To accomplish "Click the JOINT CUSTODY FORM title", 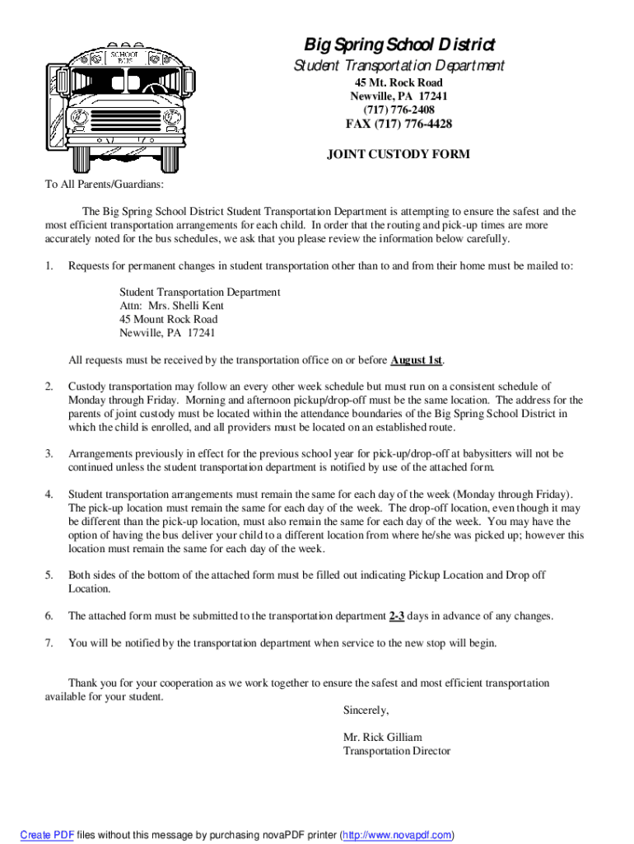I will pos(399,154).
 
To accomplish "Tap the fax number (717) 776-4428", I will pos(399,124).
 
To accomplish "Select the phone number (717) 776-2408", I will pos(399,110).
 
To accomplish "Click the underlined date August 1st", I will pos(417,360).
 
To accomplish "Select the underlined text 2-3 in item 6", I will pos(396,616).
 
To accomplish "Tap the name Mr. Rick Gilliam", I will pos(382,738).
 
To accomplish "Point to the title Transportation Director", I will pos(397,751).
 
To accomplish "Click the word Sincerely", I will pos(366,710).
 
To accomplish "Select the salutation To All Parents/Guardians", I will pos(104,185).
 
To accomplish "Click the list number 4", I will pos(49,495).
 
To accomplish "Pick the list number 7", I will pos(49,643).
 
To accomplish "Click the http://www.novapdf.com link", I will pos(397,835).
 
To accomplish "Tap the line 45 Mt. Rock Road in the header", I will pos(399,82).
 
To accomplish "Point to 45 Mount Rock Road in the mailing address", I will pos(169,319).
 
